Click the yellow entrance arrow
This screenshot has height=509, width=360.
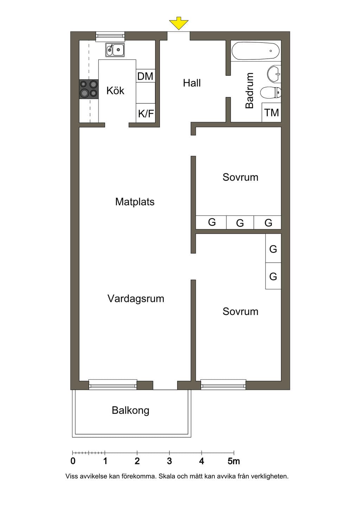click(179, 23)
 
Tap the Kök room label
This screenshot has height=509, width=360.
click(115, 91)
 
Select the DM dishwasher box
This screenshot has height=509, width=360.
click(146, 76)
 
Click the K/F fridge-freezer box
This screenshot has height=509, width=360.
click(146, 113)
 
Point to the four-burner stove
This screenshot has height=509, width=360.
click(89, 89)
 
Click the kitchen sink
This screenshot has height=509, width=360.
click(115, 50)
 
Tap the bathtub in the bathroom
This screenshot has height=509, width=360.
click(255, 51)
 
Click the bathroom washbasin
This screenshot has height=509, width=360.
click(274, 73)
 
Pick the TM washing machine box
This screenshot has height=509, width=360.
click(272, 112)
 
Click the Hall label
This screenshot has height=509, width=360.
click(192, 83)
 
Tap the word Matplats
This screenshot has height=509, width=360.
click(135, 202)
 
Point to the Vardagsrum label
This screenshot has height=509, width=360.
click(136, 298)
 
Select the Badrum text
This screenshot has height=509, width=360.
click(249, 90)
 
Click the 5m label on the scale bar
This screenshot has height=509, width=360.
click(234, 461)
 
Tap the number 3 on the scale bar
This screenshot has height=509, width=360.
click(169, 461)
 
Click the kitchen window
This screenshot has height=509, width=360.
click(110, 37)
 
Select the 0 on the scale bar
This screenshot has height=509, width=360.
click(73, 461)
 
